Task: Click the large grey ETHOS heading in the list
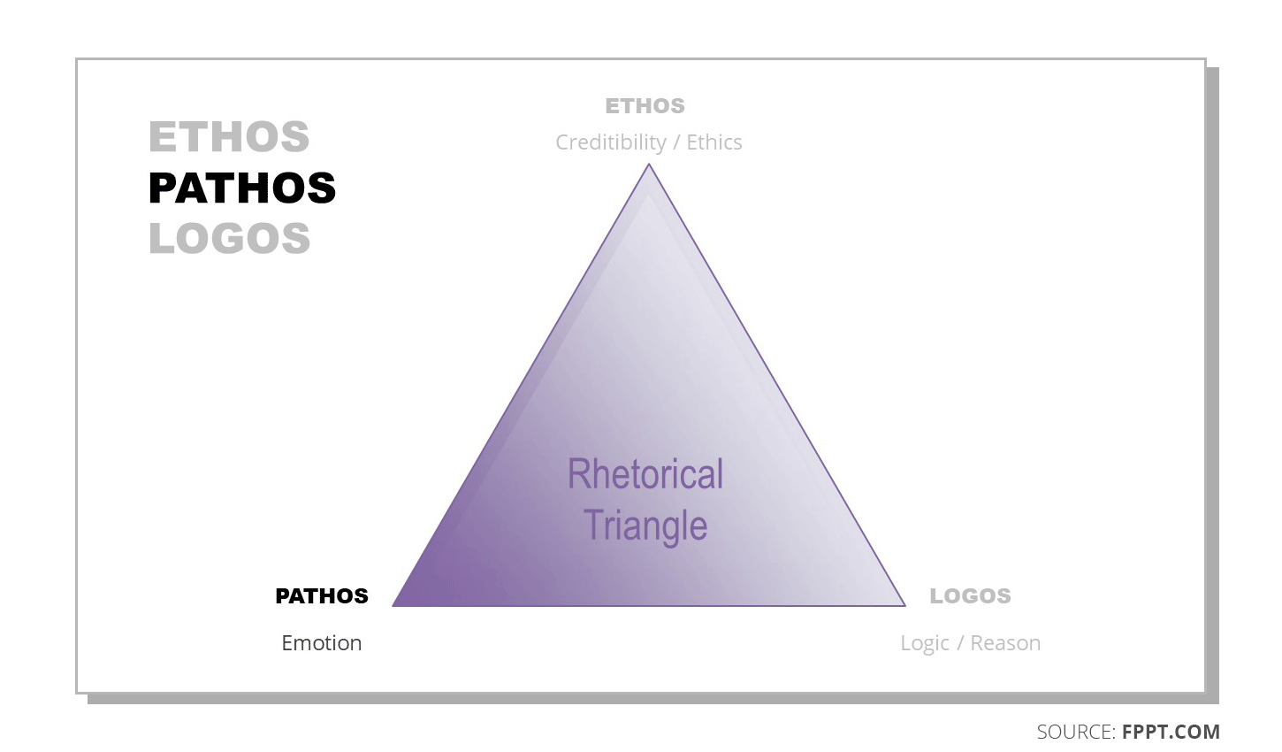point(229,137)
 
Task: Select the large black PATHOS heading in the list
point(242,188)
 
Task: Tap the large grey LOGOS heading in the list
point(230,239)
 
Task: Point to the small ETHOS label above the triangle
point(645,106)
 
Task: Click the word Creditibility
point(611,142)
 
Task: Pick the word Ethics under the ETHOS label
point(714,142)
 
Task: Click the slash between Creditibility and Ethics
point(676,143)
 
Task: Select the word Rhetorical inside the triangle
point(645,474)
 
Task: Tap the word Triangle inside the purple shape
point(645,526)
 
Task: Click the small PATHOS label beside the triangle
point(322,596)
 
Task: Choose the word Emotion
point(322,643)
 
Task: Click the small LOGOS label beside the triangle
point(970,596)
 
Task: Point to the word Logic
point(925,644)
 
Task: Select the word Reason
point(1005,643)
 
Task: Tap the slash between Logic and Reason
point(960,644)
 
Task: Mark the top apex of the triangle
point(649,165)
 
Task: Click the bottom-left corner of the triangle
point(394,605)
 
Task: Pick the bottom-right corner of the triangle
point(904,605)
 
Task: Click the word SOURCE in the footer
point(1075,733)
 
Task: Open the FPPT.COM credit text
point(1171,733)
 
